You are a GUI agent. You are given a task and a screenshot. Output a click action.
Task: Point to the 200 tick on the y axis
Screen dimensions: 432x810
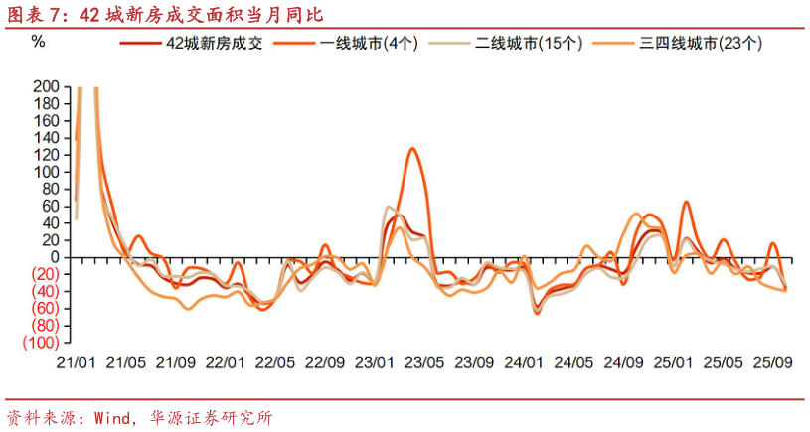[46, 87]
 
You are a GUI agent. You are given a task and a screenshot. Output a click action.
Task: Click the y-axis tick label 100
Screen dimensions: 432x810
[46, 172]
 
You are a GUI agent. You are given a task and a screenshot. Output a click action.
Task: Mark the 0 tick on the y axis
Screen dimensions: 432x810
[55, 257]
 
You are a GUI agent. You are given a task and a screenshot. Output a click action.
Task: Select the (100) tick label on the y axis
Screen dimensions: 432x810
[41, 343]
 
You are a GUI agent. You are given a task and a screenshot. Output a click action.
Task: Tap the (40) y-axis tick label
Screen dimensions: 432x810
[44, 292]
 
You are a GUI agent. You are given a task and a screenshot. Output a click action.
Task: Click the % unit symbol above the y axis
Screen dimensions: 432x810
[38, 42]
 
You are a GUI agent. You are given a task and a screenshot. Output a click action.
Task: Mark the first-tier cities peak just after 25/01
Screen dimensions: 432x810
[687, 202]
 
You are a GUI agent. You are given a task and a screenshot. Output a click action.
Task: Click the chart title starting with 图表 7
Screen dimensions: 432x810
[164, 14]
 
